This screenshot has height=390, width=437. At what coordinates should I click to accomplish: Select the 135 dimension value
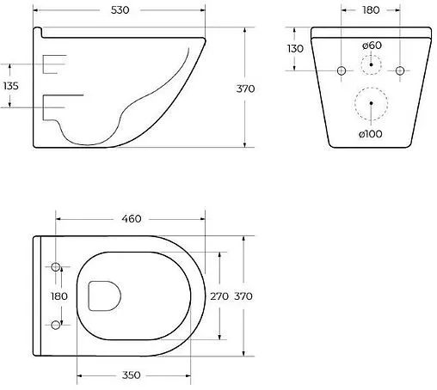12,86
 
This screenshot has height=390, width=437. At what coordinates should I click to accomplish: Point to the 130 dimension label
295,49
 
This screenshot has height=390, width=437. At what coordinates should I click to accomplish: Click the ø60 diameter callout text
372,44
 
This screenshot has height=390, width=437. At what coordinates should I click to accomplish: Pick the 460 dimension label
131,219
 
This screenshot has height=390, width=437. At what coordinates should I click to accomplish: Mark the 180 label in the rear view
372,12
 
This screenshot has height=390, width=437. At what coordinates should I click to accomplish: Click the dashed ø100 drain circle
372,104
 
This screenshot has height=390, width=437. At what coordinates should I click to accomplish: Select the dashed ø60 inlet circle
372,64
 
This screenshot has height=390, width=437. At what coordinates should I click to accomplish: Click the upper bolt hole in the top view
57,268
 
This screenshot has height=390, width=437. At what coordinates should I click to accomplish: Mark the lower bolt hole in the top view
57,324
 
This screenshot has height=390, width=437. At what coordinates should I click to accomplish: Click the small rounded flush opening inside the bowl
104,296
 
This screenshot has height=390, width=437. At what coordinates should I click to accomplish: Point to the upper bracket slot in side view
55,63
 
